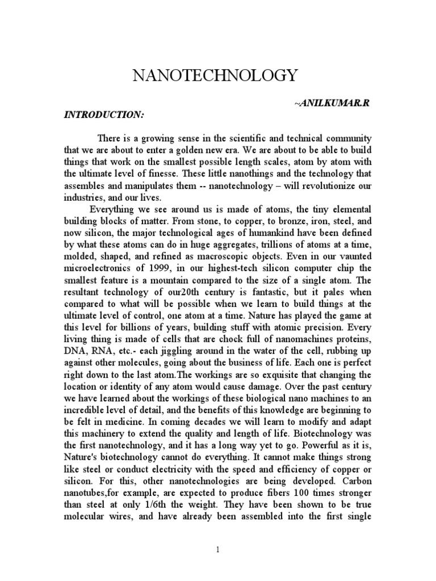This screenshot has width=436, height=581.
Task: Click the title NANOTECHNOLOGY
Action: (x=215, y=75)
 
